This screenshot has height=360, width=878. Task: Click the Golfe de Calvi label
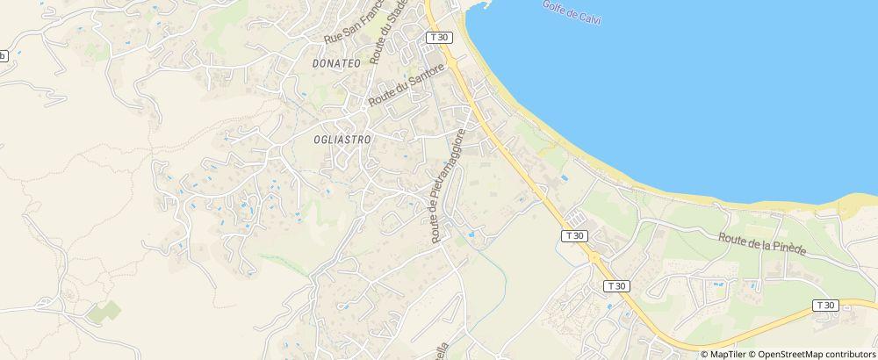pyautogui.click(x=572, y=12)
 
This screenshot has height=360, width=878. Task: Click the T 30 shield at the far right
pyautogui.click(x=824, y=305)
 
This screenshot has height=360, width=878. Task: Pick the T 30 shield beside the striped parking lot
pyautogui.click(x=574, y=235)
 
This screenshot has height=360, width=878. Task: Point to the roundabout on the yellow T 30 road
pyautogui.click(x=595, y=258)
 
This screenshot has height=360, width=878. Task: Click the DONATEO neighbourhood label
pyautogui.click(x=336, y=64)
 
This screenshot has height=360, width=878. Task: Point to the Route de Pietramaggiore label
pyautogui.click(x=445, y=186)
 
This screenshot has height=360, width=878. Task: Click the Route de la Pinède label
pyautogui.click(x=761, y=244)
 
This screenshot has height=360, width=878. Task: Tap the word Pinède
pyautogui.click(x=788, y=249)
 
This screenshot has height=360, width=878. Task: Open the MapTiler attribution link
pyautogui.click(x=727, y=354)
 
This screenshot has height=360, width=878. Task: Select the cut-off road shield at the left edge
pyautogui.click(x=3, y=55)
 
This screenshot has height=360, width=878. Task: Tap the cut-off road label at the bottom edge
pyautogui.click(x=445, y=350)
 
